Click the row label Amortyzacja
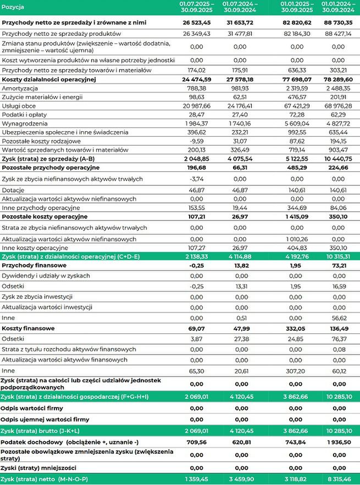20,88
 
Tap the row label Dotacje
13,188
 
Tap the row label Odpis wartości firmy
34,409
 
